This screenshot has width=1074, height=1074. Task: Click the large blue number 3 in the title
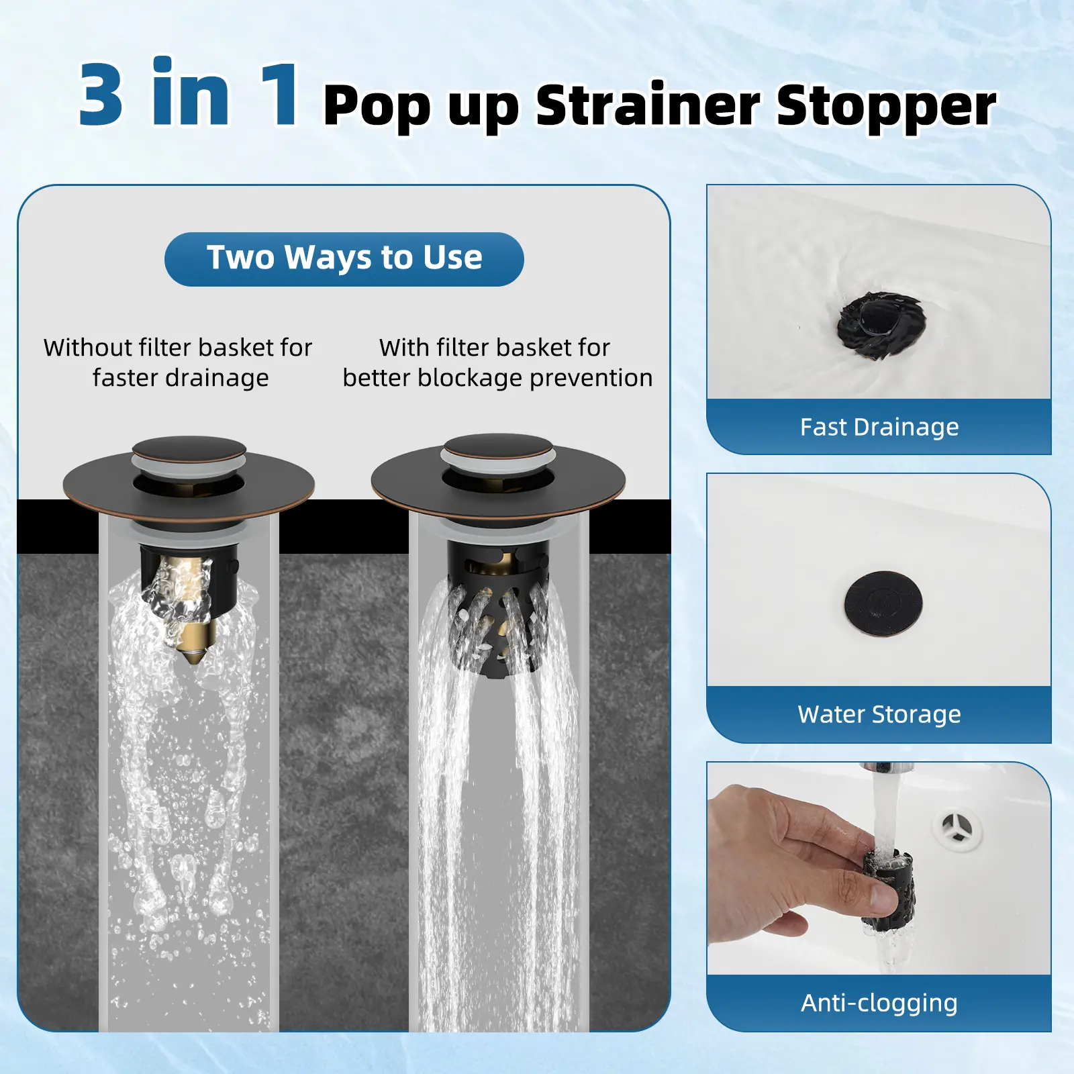point(101,93)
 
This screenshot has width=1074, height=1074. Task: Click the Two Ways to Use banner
point(344,258)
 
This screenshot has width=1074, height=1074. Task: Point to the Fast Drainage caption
point(879,427)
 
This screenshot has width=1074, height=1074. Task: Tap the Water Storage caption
point(879,714)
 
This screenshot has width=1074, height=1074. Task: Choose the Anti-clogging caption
point(879,1003)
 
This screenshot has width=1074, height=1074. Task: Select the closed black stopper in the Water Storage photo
point(883,602)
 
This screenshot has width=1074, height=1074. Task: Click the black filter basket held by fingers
point(887,889)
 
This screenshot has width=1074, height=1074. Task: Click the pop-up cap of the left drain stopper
point(189,453)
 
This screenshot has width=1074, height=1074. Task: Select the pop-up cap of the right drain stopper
point(497,450)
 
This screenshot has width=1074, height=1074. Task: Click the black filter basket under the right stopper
point(499,614)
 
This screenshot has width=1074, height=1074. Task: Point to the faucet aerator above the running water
point(877,768)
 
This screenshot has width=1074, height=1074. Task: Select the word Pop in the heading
point(376,107)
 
